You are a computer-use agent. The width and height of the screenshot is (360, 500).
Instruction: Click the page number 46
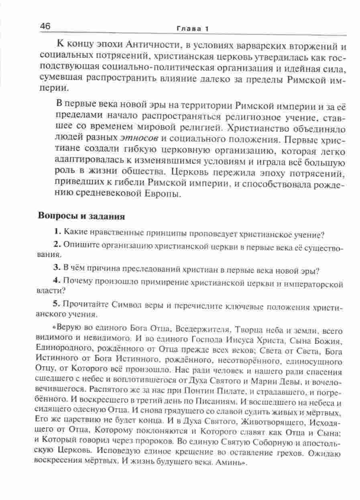tap(45, 27)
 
